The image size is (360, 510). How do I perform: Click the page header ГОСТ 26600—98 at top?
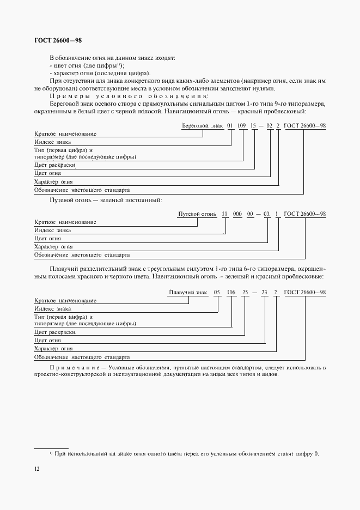pos(58,40)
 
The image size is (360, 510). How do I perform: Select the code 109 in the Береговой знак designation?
pos(242,126)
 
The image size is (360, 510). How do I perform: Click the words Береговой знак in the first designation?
pos(202,126)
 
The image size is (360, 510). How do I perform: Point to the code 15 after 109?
pos(253,126)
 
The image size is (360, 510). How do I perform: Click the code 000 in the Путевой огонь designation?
pos(237,215)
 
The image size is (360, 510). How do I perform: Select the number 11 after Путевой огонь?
pos(224,215)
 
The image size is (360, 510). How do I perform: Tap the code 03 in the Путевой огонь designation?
pos(266,215)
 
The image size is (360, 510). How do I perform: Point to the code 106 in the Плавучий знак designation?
pos(231,293)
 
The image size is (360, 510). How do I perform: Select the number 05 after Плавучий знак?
pos(217,293)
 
